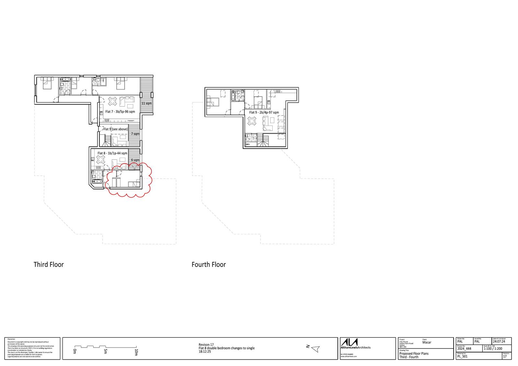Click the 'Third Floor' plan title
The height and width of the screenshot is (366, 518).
[49, 264]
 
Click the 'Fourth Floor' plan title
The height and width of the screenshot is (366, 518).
[208, 264]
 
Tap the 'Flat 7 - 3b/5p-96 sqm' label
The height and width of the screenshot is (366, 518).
[120, 112]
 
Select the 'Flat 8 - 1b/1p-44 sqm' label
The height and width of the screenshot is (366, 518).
[113, 153]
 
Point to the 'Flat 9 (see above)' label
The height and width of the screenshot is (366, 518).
[116, 129]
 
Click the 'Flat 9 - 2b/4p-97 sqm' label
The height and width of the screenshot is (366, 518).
[264, 113]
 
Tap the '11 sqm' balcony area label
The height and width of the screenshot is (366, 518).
[146, 104]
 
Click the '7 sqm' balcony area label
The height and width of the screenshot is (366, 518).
[135, 134]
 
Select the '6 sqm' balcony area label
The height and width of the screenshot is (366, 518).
[135, 160]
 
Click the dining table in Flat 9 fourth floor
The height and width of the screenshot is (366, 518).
[252, 121]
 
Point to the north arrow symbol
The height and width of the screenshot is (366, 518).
[316, 349]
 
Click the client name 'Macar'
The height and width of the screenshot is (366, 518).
[427, 342]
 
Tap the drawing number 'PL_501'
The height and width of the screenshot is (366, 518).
[462, 357]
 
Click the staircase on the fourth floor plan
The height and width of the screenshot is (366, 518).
[263, 140]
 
